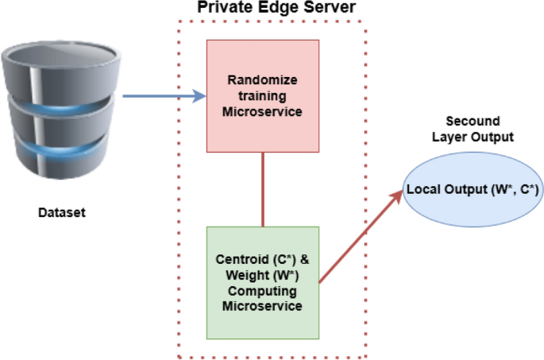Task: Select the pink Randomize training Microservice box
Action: [262, 95]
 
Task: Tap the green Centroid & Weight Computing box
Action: [262, 282]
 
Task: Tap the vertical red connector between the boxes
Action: [263, 189]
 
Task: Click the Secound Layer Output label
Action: [473, 129]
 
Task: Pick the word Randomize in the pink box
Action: [262, 79]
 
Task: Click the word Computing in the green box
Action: [263, 291]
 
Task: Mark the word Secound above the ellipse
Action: [473, 122]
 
